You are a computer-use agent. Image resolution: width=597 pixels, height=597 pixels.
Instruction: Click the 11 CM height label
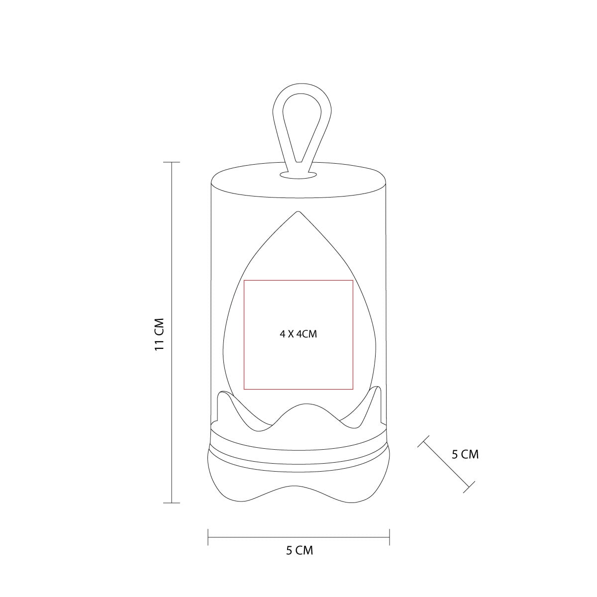(x=159, y=334)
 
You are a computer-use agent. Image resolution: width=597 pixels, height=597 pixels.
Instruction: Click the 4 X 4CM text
(x=298, y=334)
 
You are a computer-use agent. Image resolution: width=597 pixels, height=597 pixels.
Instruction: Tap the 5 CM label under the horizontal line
(x=299, y=551)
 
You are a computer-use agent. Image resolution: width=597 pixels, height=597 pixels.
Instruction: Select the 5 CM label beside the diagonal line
(x=465, y=455)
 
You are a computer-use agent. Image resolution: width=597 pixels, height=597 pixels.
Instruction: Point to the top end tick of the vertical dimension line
(x=172, y=162)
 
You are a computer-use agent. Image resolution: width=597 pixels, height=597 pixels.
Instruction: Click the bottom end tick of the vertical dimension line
(x=172, y=503)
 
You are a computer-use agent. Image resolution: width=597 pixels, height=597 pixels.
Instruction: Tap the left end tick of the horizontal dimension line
(x=208, y=537)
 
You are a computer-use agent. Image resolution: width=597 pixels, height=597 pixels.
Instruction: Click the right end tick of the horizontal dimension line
(x=390, y=537)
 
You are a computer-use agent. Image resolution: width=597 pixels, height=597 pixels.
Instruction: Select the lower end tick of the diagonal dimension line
(x=469, y=487)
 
